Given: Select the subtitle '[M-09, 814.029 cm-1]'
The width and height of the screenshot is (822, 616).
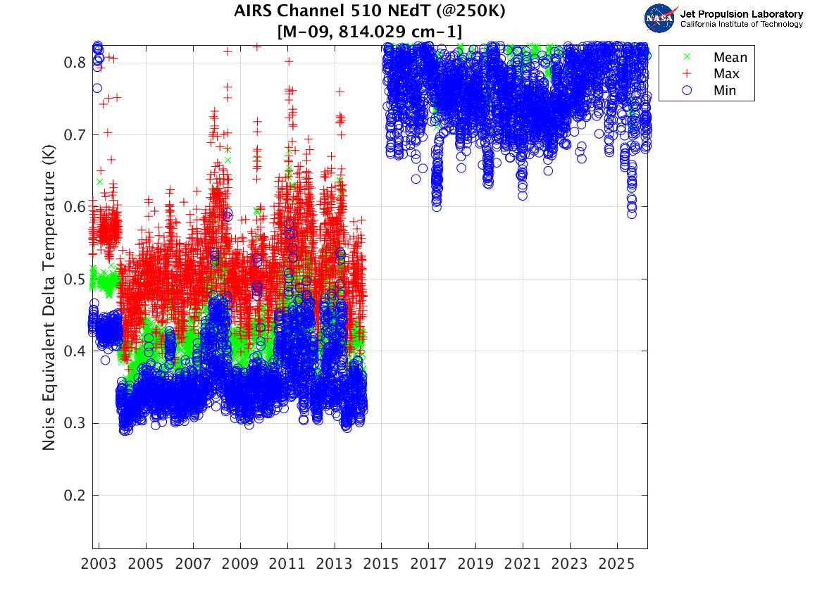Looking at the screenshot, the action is tap(370, 32).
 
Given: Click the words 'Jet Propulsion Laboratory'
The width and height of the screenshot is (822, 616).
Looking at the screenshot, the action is tap(741, 14).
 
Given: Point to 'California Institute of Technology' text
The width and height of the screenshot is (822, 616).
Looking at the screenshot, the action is tap(741, 24).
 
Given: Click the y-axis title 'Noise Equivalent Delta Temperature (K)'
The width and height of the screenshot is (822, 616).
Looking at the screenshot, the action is tap(49, 297).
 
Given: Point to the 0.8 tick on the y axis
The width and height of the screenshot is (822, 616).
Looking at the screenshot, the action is tap(75, 63).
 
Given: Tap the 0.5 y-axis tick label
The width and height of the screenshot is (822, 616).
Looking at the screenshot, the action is tap(75, 279).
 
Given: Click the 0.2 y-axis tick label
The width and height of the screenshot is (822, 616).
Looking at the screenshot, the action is tap(75, 496).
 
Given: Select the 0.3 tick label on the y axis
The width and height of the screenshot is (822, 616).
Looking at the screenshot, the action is tap(75, 423).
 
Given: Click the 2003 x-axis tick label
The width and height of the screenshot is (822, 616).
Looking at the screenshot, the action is tap(99, 564).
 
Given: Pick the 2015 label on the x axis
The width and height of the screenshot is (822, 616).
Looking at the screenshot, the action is tap(381, 564).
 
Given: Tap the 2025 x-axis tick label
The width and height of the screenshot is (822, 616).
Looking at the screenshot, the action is tap(616, 564).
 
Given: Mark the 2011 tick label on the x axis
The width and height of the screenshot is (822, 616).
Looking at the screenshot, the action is tap(287, 564).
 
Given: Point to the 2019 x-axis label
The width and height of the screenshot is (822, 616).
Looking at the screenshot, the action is tap(475, 564).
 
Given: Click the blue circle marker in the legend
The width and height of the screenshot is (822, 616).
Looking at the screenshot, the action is tap(687, 90).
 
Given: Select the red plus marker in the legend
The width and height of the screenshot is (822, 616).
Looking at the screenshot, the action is tap(687, 73).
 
